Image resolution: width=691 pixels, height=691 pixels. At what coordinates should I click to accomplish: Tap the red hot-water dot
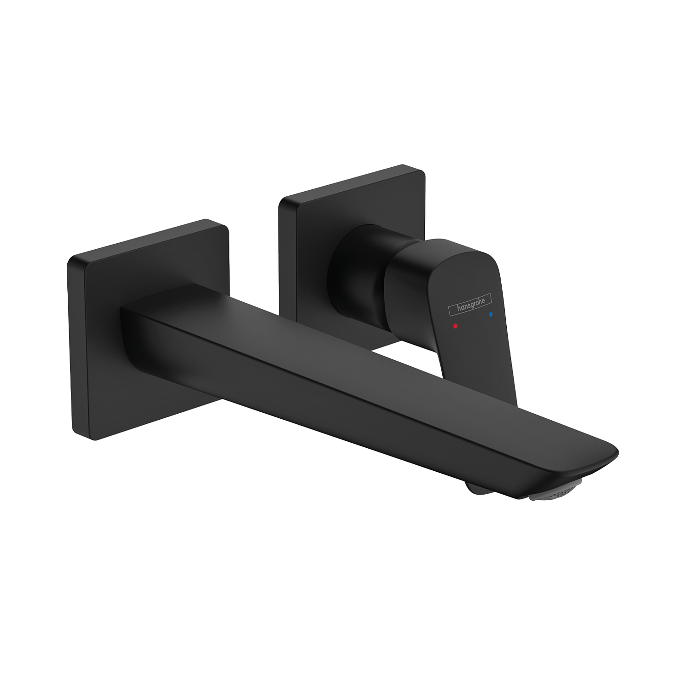pyautogui.click(x=455, y=326)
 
